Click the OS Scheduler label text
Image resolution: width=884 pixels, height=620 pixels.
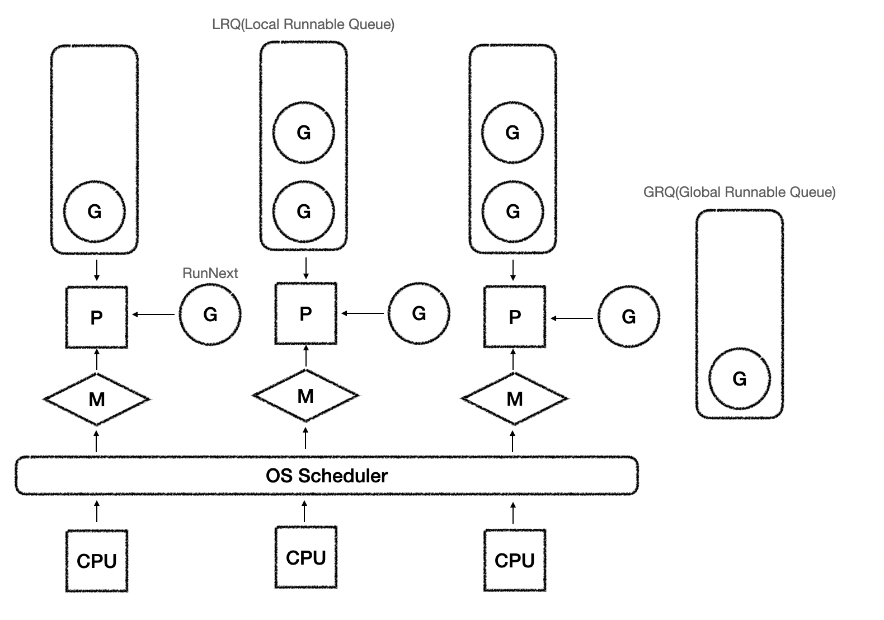pyautogui.click(x=327, y=476)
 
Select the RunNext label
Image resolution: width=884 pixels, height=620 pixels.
pyautogui.click(x=210, y=273)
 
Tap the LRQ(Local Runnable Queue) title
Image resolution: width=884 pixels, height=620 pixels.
pyautogui.click(x=303, y=25)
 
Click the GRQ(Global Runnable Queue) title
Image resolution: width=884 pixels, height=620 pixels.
pyautogui.click(x=739, y=192)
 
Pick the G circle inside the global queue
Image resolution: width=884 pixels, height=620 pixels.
pyautogui.click(x=739, y=379)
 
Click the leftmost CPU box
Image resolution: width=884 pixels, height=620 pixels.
pyautogui.click(x=97, y=561)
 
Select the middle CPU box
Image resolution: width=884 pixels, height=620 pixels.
pyautogui.click(x=306, y=557)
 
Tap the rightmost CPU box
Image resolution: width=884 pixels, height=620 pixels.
pyautogui.click(x=515, y=560)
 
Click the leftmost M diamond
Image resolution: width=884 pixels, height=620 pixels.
pyautogui.click(x=97, y=399)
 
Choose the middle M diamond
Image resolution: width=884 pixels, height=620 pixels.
pyautogui.click(x=305, y=396)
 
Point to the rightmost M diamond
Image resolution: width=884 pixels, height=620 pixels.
pyautogui.click(x=514, y=398)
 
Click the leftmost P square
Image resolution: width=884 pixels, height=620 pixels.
pyautogui.click(x=97, y=317)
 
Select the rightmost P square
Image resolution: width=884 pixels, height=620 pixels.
pyautogui.click(x=515, y=317)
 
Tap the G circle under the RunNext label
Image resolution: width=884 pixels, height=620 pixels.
pyautogui.click(x=210, y=314)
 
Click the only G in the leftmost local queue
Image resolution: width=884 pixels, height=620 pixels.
pyautogui.click(x=95, y=211)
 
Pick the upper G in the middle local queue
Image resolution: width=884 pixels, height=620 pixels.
pyautogui.click(x=303, y=133)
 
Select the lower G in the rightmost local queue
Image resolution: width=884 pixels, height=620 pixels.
pyautogui.click(x=512, y=211)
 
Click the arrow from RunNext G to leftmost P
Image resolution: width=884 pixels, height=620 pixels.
pyautogui.click(x=153, y=315)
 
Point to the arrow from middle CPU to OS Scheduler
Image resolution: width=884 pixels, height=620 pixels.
pyautogui.click(x=304, y=511)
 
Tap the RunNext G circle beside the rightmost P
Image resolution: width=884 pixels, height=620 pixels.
pyautogui.click(x=628, y=317)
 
